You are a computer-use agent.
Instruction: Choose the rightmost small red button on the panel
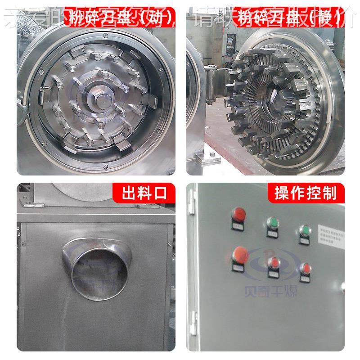pos(305,268)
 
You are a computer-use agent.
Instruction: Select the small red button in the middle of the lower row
pos(272,262)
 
